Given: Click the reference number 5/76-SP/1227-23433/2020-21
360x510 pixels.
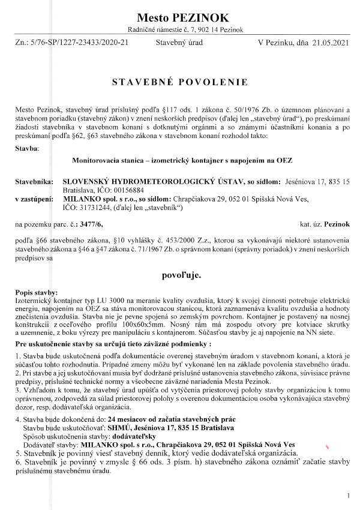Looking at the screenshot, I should tap(80, 43).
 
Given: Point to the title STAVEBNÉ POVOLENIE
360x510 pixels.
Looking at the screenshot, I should tap(179, 82).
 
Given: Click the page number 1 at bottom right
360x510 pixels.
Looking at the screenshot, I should tap(347, 496).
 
